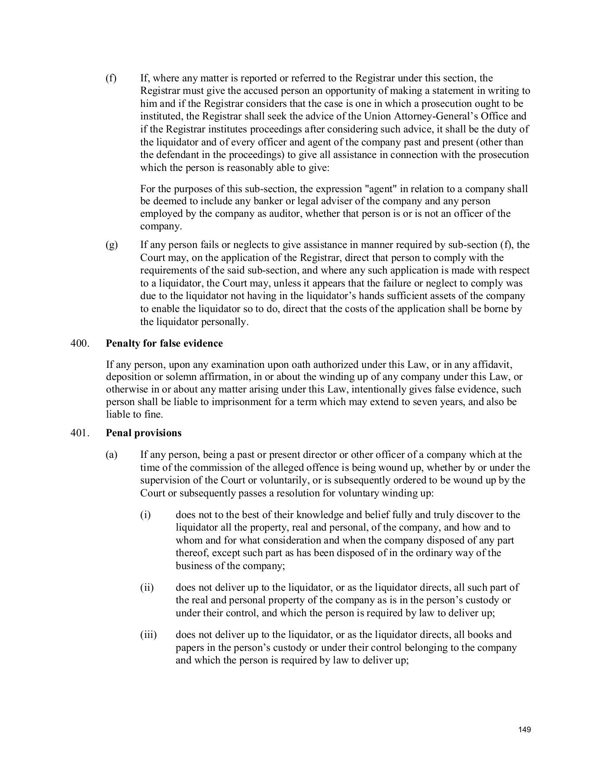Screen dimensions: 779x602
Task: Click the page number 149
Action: [525, 730]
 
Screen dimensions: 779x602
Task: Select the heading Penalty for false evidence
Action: [164, 343]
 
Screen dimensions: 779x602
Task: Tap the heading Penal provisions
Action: [144, 433]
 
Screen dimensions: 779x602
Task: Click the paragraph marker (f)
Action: [111, 78]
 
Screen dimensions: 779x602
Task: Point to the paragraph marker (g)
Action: [111, 245]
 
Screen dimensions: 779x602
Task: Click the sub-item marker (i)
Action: [145, 515]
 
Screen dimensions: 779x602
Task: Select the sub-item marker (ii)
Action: [146, 588]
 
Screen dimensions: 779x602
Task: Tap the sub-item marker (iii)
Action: [148, 635]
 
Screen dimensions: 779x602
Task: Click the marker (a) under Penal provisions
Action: [111, 455]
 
